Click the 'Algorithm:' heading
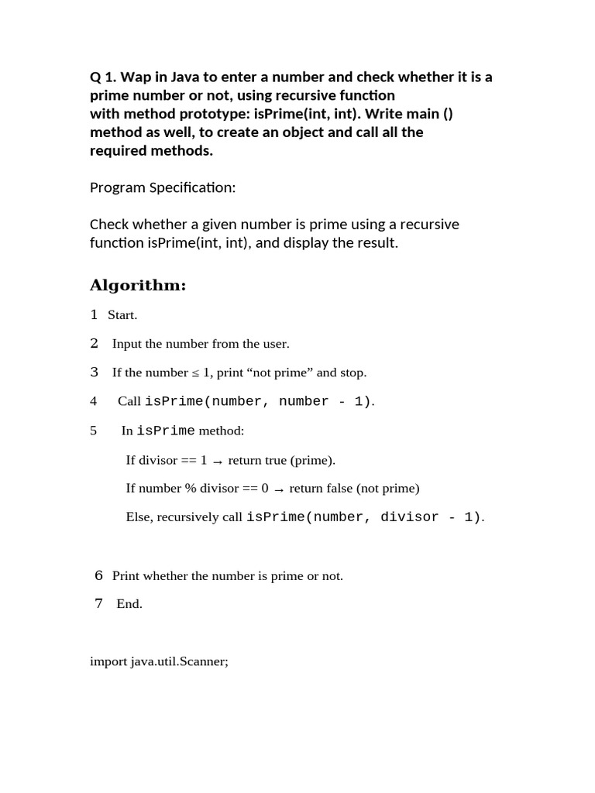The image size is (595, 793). (138, 286)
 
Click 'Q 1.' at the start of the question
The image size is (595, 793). (103, 77)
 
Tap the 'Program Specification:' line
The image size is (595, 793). (162, 187)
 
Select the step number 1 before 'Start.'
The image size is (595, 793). (94, 314)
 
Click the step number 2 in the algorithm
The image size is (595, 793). (94, 343)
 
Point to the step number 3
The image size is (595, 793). (94, 372)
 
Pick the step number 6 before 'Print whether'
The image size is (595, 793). (98, 575)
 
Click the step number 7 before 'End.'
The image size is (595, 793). (98, 604)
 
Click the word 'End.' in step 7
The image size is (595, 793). (129, 604)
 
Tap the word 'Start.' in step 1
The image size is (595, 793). (122, 315)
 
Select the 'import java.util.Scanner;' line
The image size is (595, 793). (159, 662)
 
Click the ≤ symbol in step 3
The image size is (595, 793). (195, 373)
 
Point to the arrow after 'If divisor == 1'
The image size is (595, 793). (218, 462)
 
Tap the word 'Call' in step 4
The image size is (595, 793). (129, 401)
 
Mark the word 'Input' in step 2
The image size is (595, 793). (126, 344)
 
